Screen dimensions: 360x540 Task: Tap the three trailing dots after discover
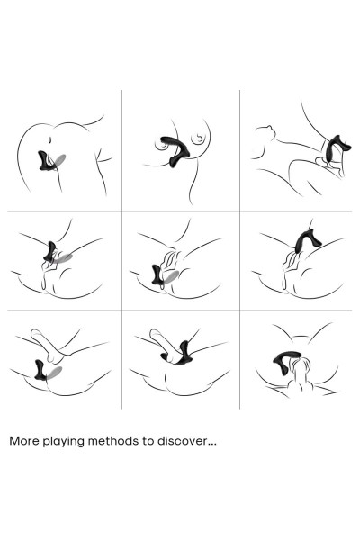[211, 445]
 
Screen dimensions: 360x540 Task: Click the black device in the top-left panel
[46, 160]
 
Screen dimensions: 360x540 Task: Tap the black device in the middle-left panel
[51, 251]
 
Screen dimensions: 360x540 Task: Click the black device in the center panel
[158, 274]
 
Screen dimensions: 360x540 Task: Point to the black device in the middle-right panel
[306, 239]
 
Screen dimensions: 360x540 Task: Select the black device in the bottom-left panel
[40, 370]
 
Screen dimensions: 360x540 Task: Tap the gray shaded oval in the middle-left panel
[63, 258]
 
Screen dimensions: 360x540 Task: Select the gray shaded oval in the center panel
[171, 277]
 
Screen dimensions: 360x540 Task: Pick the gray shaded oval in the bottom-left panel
[54, 373]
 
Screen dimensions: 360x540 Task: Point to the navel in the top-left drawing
[50, 140]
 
